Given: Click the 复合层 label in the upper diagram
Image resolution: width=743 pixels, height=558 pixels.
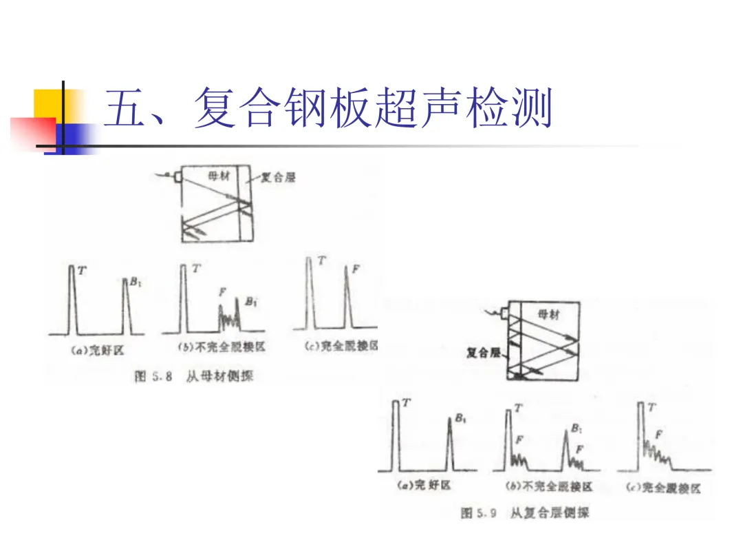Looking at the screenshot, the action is point(278,178).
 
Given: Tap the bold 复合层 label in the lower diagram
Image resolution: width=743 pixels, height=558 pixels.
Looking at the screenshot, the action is point(482,353).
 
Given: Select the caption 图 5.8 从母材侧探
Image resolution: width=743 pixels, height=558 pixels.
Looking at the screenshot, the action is point(195,376).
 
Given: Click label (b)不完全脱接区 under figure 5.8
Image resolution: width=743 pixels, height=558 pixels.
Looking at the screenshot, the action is point(222,348).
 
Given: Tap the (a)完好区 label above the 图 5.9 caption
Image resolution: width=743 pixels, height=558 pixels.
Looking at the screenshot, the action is point(424,486).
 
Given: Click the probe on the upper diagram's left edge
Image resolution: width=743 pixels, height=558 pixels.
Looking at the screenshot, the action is point(178,178).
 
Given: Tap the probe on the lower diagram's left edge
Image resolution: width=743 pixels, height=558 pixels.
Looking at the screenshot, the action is point(506,315).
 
